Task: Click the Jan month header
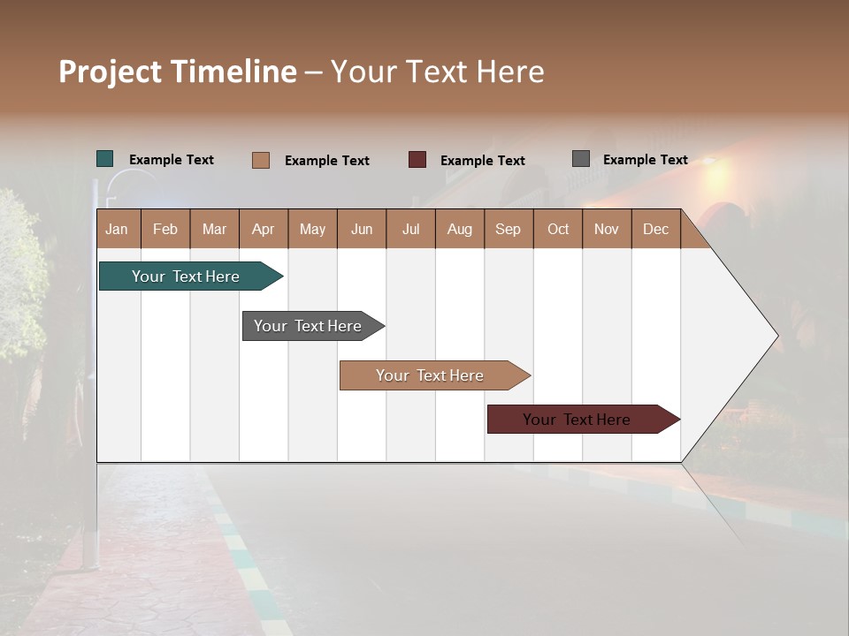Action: click(117, 229)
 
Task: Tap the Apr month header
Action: click(264, 229)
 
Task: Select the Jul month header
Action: click(410, 229)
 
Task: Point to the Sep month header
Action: click(508, 229)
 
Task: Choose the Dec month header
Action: click(655, 229)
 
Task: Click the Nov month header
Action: click(606, 229)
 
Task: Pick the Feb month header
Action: click(165, 229)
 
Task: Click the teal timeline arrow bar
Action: click(186, 276)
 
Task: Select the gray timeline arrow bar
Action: click(308, 326)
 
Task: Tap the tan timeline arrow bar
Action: click(430, 375)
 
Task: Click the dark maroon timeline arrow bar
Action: click(577, 420)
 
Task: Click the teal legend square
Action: click(105, 159)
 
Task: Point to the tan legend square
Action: click(261, 160)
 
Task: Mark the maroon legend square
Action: click(417, 160)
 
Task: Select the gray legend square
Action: click(581, 159)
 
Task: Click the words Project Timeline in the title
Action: click(177, 72)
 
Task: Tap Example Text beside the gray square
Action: click(645, 160)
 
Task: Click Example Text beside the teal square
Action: click(172, 160)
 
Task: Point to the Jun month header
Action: click(362, 229)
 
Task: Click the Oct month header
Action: click(558, 229)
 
